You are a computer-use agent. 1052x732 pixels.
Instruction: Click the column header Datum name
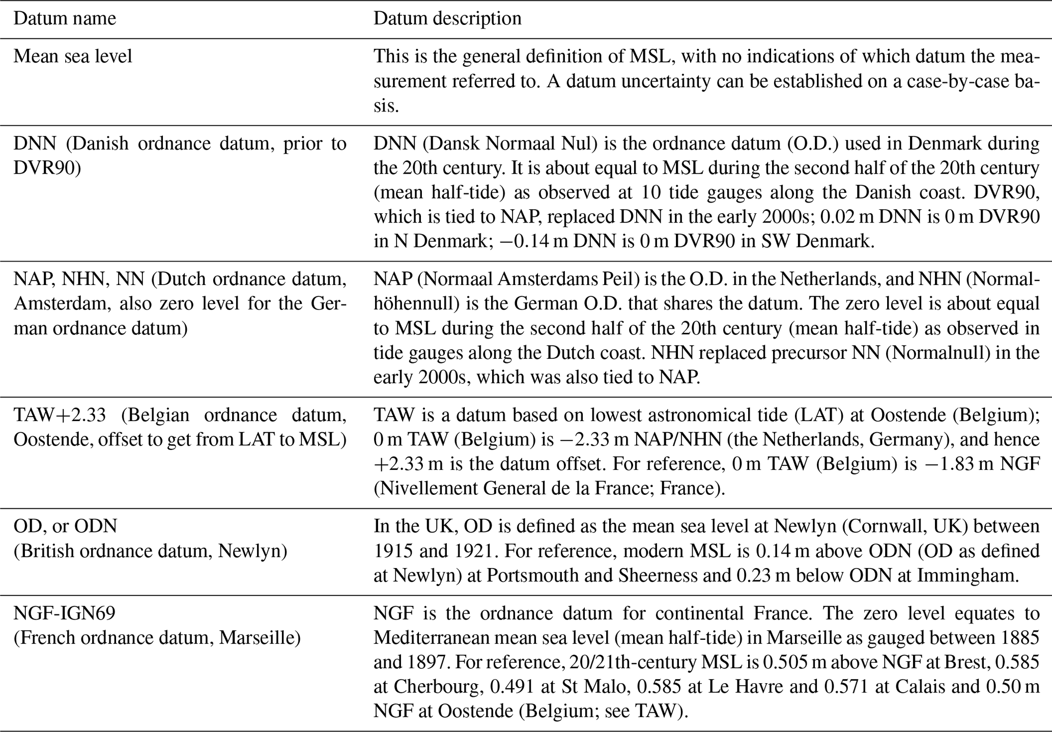pyautogui.click(x=65, y=19)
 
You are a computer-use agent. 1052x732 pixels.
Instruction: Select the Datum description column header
pyautogui.click(x=447, y=19)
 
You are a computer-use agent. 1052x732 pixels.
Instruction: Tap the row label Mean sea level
pyautogui.click(x=73, y=56)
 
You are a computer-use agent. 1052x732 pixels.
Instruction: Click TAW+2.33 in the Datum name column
pyautogui.click(x=60, y=415)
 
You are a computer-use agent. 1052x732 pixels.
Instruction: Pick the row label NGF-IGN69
pyautogui.click(x=64, y=613)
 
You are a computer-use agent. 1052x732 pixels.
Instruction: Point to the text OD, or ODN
pyautogui.click(x=65, y=526)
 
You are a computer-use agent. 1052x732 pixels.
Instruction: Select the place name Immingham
pyautogui.click(x=968, y=575)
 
